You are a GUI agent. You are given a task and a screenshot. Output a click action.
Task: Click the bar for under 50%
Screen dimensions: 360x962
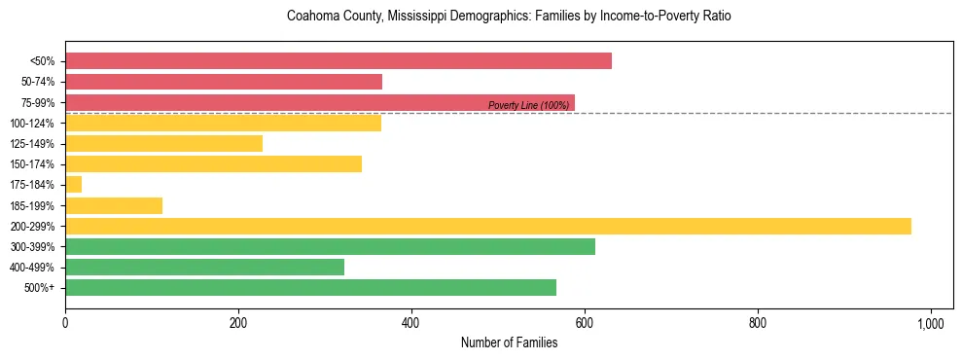tap(338, 60)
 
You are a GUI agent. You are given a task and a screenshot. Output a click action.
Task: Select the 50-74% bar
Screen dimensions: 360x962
tap(224, 82)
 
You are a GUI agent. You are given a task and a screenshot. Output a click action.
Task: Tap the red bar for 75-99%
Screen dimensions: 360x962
tap(292, 102)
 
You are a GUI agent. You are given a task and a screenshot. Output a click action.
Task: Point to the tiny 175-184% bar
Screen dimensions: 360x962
tap(74, 185)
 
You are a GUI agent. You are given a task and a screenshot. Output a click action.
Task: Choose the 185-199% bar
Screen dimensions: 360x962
tap(114, 205)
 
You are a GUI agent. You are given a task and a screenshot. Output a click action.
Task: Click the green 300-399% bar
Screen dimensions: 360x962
tap(330, 247)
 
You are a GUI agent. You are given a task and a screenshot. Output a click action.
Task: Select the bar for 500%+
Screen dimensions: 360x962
tap(310, 288)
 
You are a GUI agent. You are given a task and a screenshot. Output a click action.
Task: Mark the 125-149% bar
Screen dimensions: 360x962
tap(163, 144)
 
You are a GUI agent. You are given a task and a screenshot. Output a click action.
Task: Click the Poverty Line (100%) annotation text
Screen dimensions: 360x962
tap(528, 105)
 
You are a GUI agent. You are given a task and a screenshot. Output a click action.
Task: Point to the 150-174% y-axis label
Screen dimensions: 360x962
tap(32, 164)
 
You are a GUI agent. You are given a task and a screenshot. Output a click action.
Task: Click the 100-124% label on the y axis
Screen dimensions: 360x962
tap(32, 124)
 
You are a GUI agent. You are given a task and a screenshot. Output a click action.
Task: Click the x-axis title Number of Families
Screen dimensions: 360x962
tap(509, 342)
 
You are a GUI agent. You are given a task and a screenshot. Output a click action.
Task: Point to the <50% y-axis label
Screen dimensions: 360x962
tap(43, 61)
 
